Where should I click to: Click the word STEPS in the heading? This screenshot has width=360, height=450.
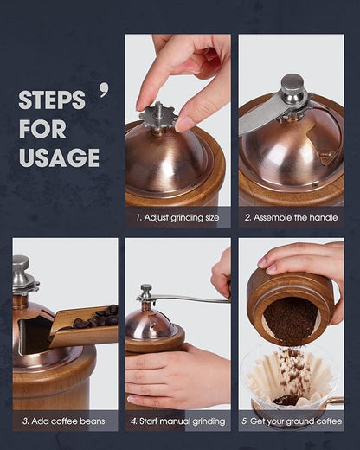click(52, 100)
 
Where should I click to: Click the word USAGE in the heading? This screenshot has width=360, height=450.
click(59, 157)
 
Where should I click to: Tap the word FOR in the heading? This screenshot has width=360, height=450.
click(42, 129)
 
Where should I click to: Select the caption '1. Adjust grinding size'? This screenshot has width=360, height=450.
click(177, 217)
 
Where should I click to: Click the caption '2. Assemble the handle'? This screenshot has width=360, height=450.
click(291, 217)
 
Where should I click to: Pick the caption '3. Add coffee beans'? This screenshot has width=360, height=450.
click(65, 421)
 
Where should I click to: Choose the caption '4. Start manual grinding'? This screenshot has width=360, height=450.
click(177, 421)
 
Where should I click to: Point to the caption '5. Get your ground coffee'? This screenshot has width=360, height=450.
click(291, 421)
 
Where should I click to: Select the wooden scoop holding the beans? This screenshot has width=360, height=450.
click(82, 333)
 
